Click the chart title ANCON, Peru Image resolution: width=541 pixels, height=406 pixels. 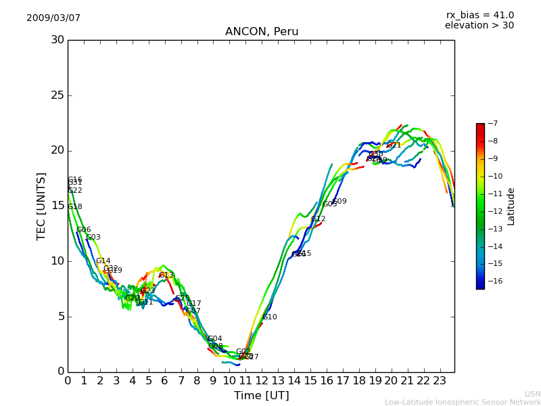pos(262,32)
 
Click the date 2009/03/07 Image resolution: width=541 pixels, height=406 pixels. pos(53,18)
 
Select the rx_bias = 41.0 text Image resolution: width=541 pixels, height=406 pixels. pos(480,15)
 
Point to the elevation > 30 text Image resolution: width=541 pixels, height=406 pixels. pos(479,26)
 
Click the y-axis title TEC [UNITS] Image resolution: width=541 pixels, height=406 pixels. pos(42,206)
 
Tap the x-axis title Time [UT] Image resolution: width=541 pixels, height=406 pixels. pos(261,395)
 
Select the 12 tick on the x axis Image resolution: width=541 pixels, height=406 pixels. pos(262,380)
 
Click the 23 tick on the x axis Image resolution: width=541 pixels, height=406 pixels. pos(440,380)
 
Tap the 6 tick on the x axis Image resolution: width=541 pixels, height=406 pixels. pos(164,380)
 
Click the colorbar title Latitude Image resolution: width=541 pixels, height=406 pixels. pos(511,206)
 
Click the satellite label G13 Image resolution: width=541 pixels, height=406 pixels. pos(166,275)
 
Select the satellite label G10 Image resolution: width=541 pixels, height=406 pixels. pos(270,317)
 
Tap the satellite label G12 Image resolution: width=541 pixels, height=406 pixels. pos(319,219)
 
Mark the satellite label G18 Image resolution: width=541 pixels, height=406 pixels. pos(75,207)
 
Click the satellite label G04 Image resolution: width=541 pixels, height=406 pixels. pos(215,338)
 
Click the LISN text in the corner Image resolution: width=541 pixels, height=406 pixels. pos(533,394)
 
